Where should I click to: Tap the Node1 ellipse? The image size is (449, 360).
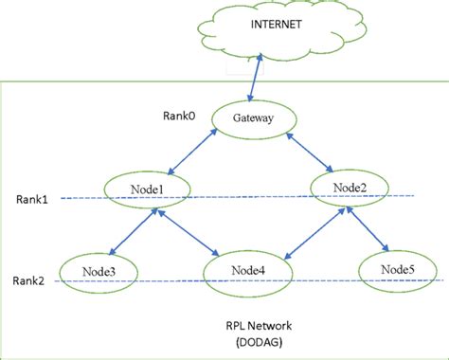(x=147, y=190)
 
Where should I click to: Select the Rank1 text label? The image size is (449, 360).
(x=32, y=199)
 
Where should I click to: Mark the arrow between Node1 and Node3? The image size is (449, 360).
(x=130, y=233)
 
